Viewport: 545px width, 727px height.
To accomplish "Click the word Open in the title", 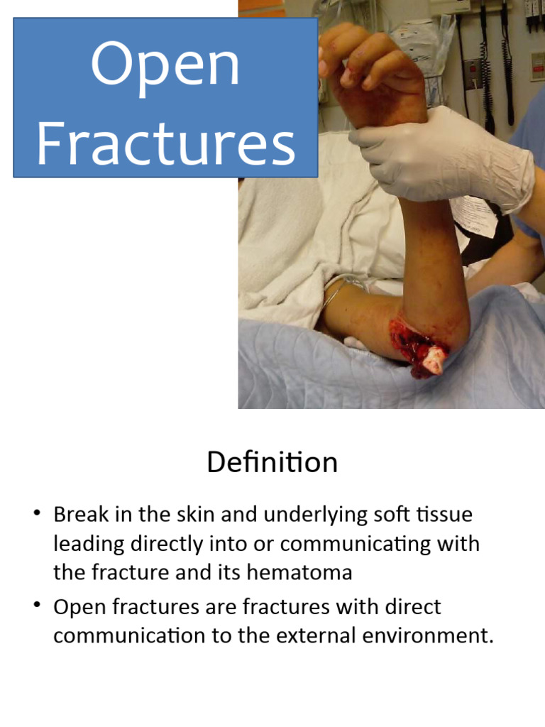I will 165,65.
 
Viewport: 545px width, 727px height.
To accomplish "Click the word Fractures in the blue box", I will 165,143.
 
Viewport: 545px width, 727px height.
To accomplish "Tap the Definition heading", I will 272,463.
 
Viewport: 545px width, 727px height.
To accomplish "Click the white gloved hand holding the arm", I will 440,156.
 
